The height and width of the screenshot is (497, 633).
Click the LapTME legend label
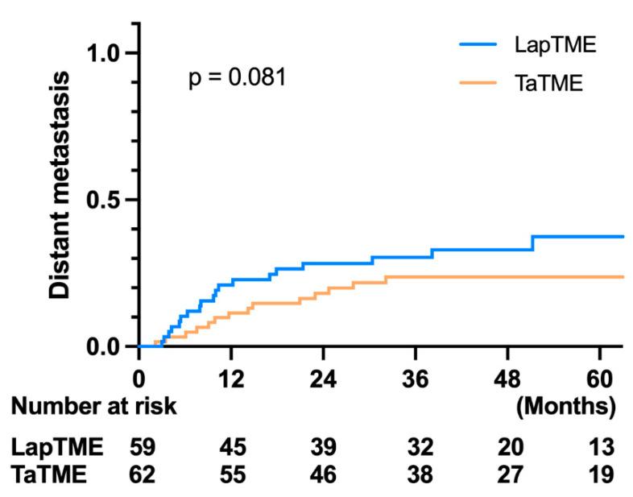pos(555,45)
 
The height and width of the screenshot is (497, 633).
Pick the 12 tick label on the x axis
pos(231,376)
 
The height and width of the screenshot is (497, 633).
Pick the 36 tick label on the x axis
pos(416,376)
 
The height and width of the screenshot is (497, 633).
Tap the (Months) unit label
pos(566,405)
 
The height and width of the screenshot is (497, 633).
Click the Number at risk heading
pos(93,406)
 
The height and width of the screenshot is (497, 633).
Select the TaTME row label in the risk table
pos(49,474)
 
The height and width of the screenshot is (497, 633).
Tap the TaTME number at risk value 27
pos(508,474)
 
